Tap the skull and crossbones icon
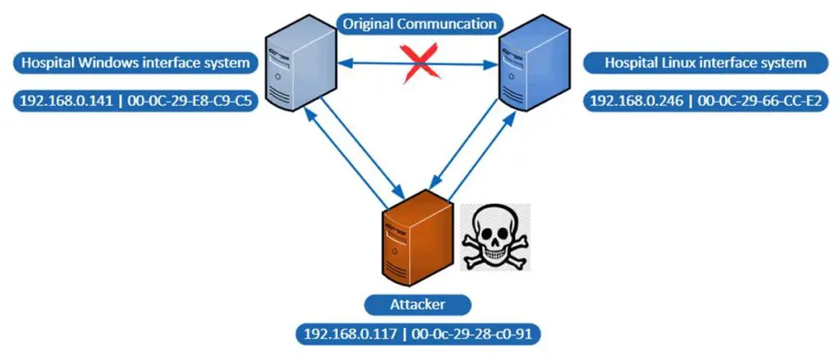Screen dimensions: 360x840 [494, 239]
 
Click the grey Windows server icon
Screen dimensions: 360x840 [299, 66]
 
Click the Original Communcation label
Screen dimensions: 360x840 [419, 24]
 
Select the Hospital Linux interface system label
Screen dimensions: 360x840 [705, 62]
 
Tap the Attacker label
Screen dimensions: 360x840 [418, 305]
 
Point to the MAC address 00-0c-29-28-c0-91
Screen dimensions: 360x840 [471, 335]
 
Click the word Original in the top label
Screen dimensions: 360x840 [367, 24]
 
